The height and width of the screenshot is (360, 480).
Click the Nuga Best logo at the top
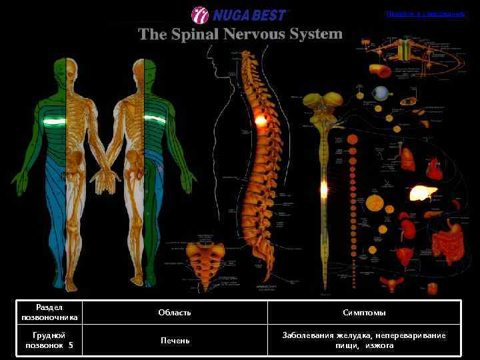[x=239, y=15]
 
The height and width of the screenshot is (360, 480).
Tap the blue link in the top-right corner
[x=425, y=14]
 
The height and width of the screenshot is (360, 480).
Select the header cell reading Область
[x=175, y=312]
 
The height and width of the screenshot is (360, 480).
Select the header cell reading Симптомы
[x=364, y=312]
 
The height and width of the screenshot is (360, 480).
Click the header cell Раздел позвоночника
[x=50, y=312]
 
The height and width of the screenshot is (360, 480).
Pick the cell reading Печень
[x=175, y=341]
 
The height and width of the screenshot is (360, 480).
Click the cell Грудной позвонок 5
[x=50, y=341]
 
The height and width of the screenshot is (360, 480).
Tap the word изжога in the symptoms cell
[x=379, y=345]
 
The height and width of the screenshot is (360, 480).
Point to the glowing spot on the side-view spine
[x=261, y=121]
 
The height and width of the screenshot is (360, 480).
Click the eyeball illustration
[x=380, y=93]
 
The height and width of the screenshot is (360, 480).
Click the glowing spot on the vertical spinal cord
[x=324, y=189]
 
